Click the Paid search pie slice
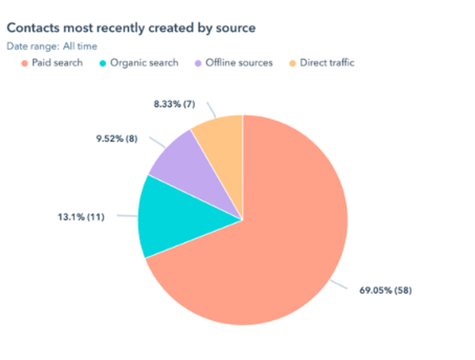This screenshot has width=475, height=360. pos(280,249)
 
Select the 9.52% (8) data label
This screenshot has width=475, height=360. pos(116,139)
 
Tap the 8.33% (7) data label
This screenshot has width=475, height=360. pos(174,104)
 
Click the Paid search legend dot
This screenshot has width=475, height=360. pos(24,63)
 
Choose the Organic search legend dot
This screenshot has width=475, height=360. pos(103,63)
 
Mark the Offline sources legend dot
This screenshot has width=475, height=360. pos(198,63)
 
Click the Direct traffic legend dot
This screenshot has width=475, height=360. pos(292,63)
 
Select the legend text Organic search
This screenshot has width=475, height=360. pos(144,63)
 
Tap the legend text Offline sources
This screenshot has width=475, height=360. pos(239,63)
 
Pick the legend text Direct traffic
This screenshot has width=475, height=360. pos(327,63)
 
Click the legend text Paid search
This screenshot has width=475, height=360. pos(57,63)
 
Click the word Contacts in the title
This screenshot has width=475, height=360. pos(29,28)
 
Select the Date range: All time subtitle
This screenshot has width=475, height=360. pos(52,46)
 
